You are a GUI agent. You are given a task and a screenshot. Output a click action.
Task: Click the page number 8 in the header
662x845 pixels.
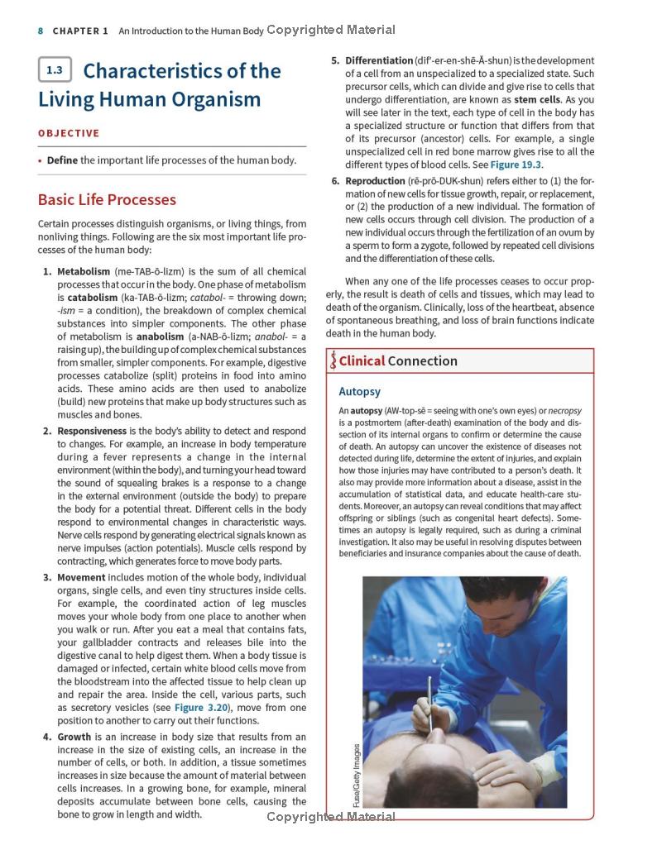tap(41, 31)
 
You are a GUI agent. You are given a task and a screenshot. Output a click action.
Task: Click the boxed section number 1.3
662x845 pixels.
tap(55, 70)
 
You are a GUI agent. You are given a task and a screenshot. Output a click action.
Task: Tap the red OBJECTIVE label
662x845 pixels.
tap(69, 133)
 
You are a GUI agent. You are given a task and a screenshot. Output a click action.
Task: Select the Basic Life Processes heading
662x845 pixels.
tap(107, 199)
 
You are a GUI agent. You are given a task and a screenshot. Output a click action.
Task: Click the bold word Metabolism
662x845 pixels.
tap(83, 271)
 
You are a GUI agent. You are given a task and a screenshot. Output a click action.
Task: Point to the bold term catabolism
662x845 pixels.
tap(92, 298)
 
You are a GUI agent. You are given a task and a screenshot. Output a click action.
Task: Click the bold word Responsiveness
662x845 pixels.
tap(92, 431)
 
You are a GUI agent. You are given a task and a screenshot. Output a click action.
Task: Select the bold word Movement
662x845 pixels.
tap(81, 577)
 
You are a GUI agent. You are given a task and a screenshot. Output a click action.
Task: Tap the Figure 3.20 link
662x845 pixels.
tap(202, 708)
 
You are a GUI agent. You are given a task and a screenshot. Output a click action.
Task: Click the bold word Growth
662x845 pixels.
tap(74, 737)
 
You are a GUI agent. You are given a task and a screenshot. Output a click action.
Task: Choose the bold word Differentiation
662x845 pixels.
tap(379, 60)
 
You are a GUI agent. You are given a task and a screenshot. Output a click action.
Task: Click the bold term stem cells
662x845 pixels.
tap(537, 99)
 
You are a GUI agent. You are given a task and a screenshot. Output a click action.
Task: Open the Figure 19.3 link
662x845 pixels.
tap(516, 165)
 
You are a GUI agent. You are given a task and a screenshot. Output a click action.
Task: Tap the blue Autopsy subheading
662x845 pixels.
tap(359, 391)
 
